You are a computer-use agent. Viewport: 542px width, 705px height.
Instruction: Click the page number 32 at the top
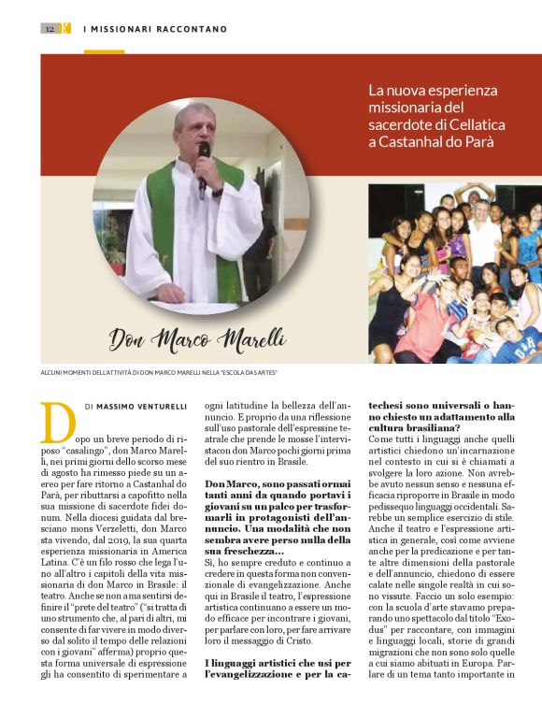(50, 29)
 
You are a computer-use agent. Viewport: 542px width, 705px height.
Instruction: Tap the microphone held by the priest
(203, 156)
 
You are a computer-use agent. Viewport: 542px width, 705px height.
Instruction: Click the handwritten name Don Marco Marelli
(197, 337)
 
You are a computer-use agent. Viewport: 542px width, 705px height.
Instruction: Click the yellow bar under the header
(104, 51)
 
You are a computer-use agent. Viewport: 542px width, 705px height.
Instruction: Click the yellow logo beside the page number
(64, 29)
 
